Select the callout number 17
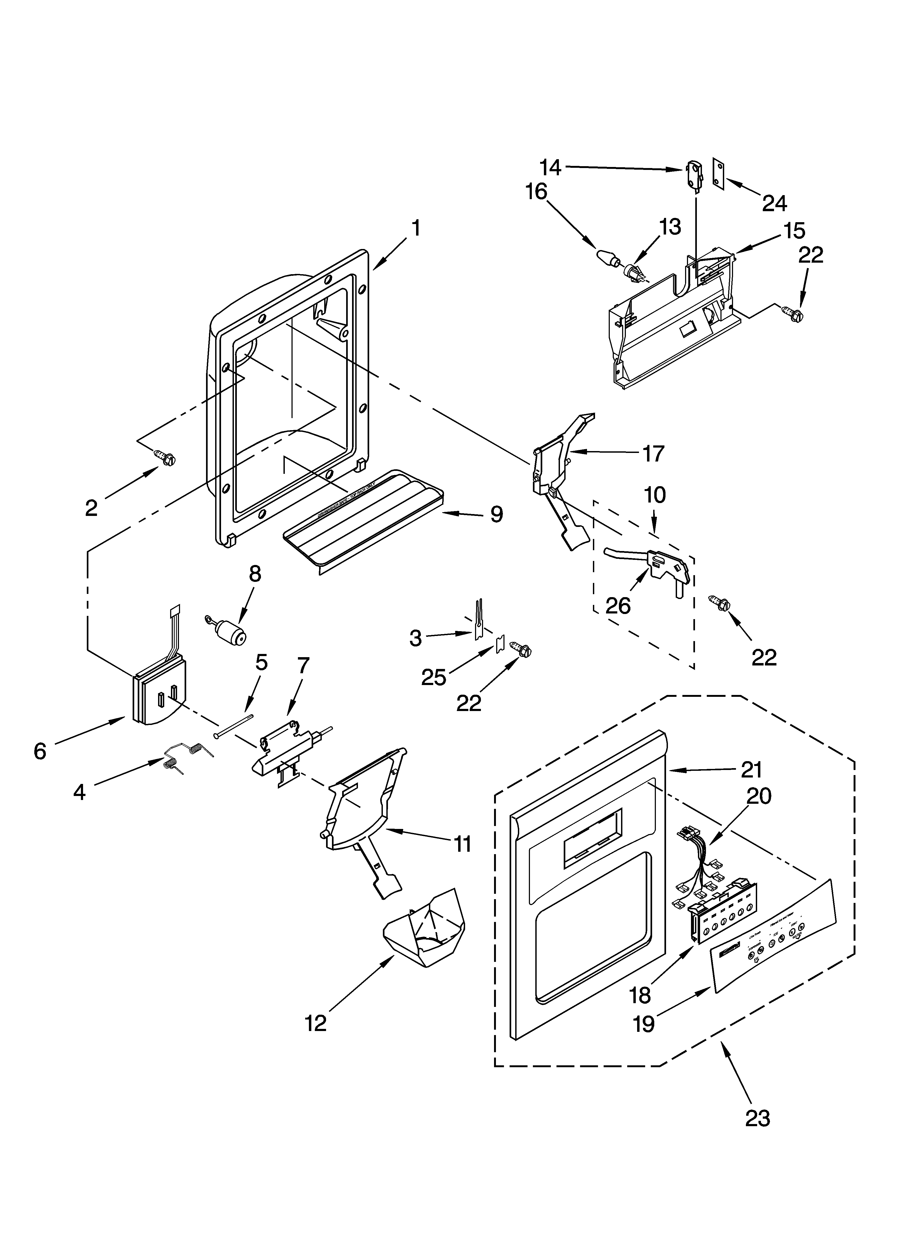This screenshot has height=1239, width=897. tap(653, 453)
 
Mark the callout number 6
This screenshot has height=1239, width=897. tap(40, 751)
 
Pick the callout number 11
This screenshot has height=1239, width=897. tap(462, 844)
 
